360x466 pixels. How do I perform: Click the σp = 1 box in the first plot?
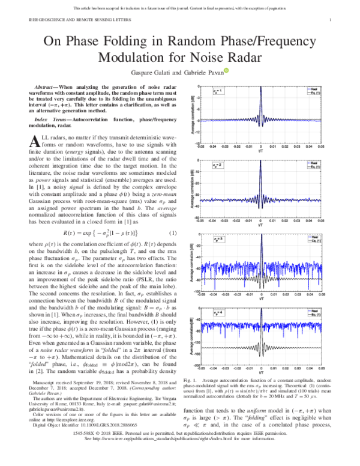click(x=218, y=92)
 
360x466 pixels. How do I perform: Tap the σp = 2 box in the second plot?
click(x=218, y=164)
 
